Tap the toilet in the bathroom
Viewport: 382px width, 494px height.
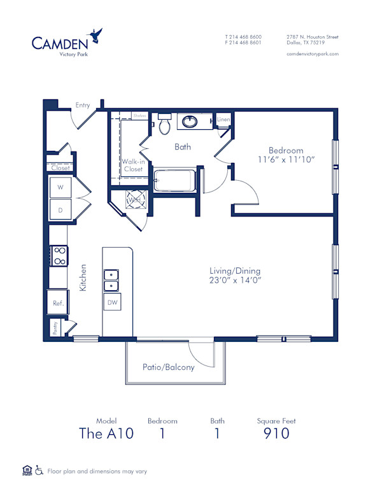(164, 123)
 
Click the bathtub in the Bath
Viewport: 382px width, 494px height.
(175, 180)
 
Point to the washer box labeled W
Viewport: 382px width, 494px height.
(60, 188)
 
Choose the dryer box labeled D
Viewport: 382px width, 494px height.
(60, 209)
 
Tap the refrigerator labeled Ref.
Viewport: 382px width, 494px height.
(58, 304)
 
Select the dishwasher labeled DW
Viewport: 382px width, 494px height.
(112, 303)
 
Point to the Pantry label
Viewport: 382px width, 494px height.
(55, 328)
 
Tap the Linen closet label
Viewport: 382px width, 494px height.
(223, 120)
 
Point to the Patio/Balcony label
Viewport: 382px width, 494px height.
(169, 367)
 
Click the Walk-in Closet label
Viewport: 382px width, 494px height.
(132, 166)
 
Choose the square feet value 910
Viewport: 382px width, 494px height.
(276, 434)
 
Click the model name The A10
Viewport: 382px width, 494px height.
(106, 434)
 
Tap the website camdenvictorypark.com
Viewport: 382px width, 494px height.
(313, 54)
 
